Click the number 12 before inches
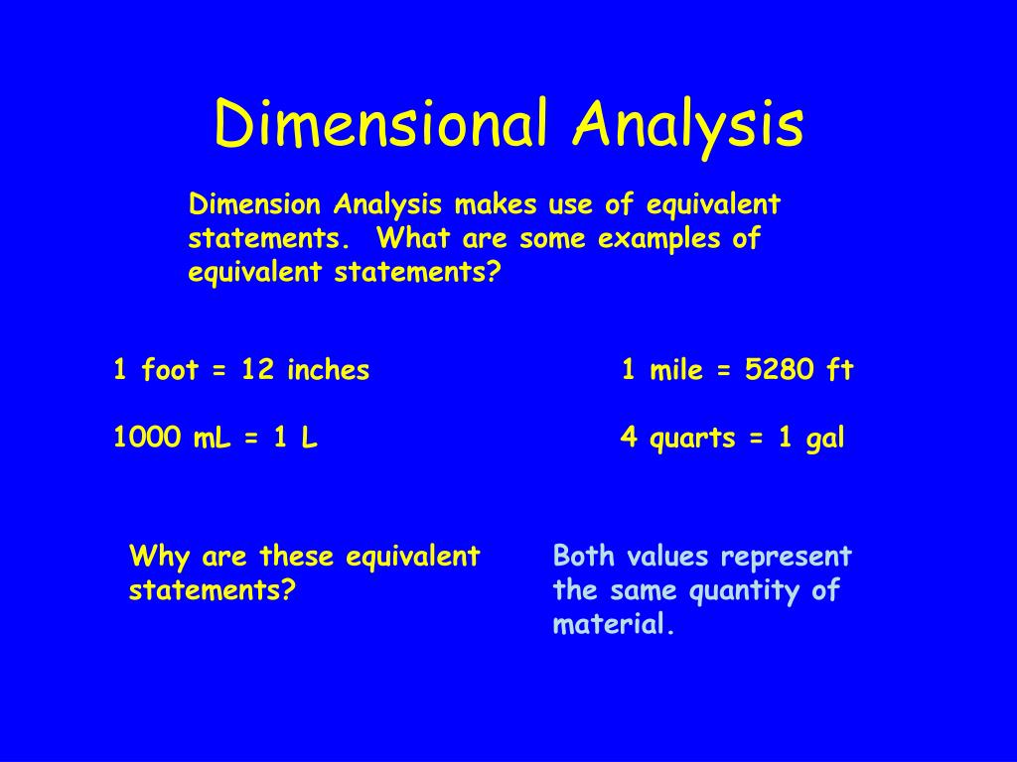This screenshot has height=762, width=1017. click(x=257, y=371)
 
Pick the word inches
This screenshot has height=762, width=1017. click(x=328, y=371)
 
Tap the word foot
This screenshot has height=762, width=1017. click(x=170, y=371)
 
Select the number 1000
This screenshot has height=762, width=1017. click(x=148, y=438)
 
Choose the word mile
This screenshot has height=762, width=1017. click(x=676, y=371)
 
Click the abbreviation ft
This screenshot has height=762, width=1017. click(x=839, y=371)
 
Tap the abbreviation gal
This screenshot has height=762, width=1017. click(x=824, y=439)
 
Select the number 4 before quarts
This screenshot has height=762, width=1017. click(x=629, y=438)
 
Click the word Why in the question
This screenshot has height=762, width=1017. click(x=159, y=557)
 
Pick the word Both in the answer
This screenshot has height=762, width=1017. click(x=584, y=557)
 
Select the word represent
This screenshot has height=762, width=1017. click(x=787, y=558)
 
